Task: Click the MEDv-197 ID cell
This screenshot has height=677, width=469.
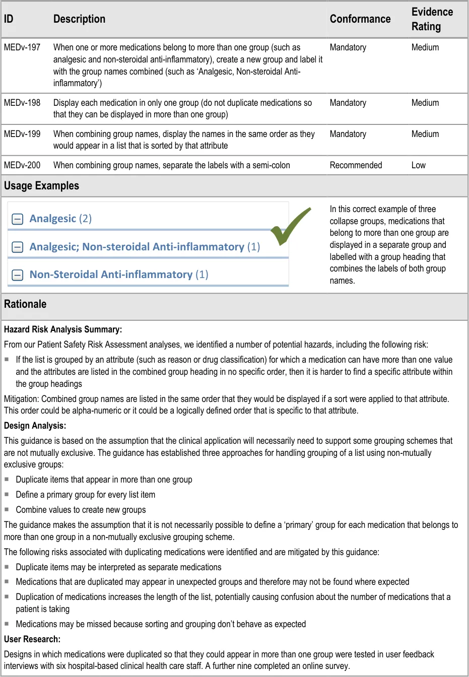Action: pos(22,47)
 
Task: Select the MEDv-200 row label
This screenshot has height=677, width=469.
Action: pos(22,165)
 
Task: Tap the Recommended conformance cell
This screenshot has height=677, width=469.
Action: pos(356,165)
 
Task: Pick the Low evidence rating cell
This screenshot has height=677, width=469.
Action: pos(418,165)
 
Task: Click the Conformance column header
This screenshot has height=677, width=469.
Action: pos(360,19)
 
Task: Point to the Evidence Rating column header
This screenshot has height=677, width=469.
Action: pos(432,19)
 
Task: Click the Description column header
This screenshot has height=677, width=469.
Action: pos(79,19)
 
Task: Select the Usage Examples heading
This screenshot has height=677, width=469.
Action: pos(41,186)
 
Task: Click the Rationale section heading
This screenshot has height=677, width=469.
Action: pos(25,304)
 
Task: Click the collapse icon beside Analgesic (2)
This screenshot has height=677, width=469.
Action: pos(18,219)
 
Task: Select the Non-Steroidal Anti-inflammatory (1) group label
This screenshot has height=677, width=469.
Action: pos(119,275)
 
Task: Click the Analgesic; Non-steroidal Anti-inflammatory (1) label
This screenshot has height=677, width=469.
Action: pos(145,247)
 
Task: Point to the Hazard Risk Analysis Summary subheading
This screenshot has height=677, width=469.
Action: pos(63,329)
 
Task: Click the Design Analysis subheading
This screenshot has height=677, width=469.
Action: pos(35,426)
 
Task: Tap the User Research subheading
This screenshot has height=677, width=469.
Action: pos(32,639)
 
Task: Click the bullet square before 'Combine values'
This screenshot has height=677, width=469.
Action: pos(7,509)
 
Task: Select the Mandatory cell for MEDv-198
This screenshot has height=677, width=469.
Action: pos(348,103)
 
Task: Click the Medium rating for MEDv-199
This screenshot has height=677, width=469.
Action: pos(425,134)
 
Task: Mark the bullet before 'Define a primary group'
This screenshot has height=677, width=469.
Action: pos(7,494)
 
